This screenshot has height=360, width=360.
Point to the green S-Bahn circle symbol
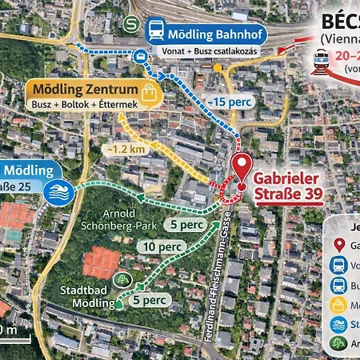coord(130,23)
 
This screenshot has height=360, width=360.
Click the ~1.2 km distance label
coord(125,149)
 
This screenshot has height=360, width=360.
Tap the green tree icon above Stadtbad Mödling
coord(122,278)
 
